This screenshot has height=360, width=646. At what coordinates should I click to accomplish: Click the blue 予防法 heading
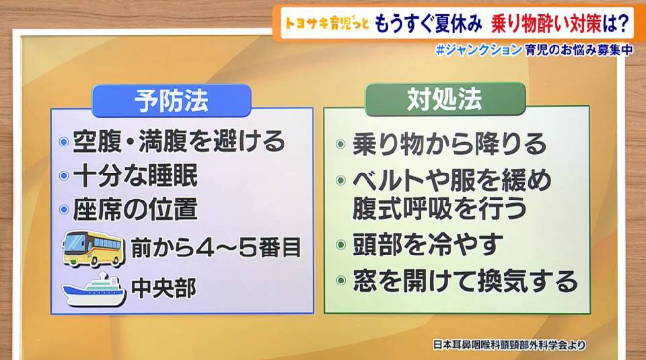point(172,100)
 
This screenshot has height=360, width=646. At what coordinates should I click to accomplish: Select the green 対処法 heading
point(445,99)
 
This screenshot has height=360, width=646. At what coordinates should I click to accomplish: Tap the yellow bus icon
point(93,248)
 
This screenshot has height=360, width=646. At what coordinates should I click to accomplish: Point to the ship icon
point(94,290)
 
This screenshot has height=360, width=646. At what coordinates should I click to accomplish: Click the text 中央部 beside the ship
point(164,288)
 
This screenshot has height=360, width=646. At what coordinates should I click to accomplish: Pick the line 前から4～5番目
point(215,248)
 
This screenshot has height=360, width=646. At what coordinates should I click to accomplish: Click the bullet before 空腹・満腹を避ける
point(64,142)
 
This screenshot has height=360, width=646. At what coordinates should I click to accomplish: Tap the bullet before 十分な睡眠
point(64,176)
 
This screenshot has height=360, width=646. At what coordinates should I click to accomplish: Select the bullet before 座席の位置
point(64,210)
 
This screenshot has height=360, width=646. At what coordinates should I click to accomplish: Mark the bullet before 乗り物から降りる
point(340,144)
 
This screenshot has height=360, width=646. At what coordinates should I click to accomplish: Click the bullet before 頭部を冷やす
point(340,245)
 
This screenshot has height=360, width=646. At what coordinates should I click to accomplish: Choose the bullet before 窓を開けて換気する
point(340,281)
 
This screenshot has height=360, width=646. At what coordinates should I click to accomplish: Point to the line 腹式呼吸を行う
point(439,209)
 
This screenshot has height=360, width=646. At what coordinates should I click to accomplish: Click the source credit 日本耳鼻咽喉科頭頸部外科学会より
point(509,345)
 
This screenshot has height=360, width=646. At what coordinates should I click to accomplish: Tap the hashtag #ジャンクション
point(478,50)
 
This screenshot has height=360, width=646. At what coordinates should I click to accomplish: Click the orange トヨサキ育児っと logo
point(327,24)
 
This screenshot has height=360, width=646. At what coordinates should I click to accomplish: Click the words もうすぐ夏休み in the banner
point(429,24)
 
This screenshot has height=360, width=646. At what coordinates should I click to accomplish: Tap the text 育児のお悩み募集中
point(579,50)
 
